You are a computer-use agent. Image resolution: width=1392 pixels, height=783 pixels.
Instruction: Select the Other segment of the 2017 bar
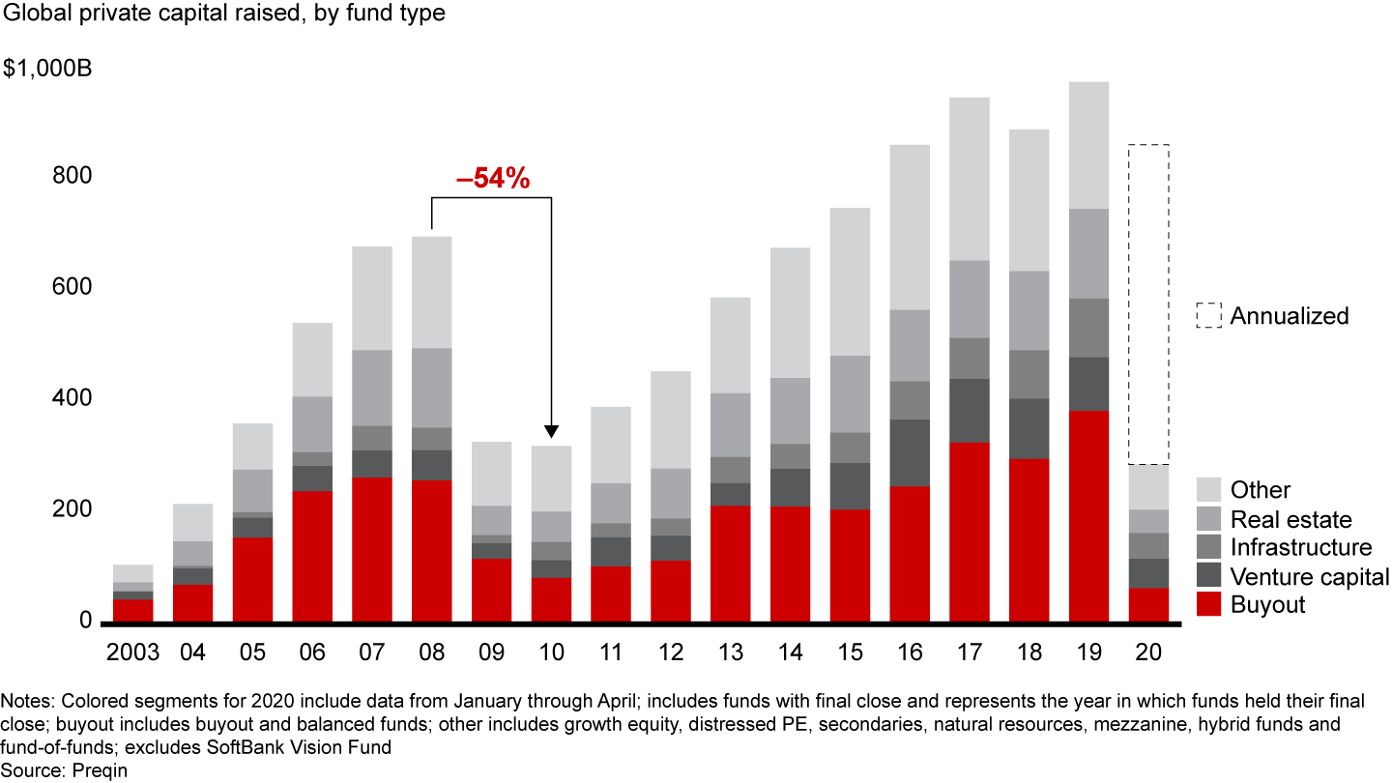970,179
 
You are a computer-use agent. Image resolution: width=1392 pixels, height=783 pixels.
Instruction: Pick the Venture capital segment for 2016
910,452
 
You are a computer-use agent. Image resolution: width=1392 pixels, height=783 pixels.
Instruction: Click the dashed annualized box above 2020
1148,304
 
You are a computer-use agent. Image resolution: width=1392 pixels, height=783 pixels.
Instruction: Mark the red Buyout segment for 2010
551,599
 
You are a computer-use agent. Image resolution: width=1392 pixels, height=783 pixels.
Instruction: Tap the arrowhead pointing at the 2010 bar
551,431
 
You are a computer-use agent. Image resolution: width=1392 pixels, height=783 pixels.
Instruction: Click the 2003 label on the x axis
132,653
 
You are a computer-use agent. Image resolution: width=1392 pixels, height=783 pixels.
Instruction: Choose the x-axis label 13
730,653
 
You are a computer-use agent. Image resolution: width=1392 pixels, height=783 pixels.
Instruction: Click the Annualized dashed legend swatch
1208,316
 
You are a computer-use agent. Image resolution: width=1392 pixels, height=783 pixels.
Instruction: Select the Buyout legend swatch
1208,605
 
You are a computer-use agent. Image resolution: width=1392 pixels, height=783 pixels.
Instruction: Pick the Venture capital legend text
1310,577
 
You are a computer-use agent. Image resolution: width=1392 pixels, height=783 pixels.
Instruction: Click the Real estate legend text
1290,519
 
